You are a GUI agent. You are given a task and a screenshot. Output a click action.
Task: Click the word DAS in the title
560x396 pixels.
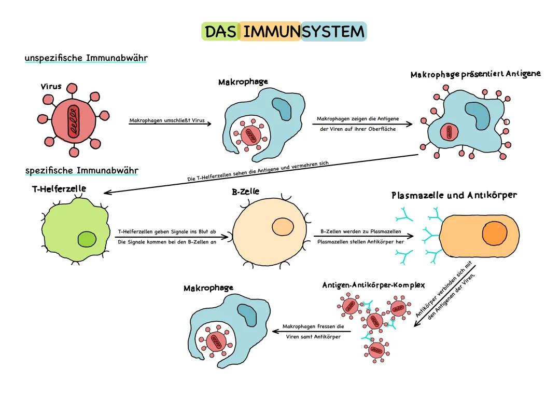click(220, 32)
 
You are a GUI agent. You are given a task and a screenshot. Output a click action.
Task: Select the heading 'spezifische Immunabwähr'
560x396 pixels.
click(82, 170)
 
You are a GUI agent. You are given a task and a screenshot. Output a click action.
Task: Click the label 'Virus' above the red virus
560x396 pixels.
click(51, 87)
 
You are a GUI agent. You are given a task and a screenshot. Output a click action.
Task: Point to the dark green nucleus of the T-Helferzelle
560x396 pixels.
click(87, 240)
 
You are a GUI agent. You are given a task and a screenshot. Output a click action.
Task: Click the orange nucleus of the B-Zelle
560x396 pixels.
click(283, 227)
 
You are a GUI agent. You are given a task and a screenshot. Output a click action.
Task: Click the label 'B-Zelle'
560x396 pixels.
click(245, 192)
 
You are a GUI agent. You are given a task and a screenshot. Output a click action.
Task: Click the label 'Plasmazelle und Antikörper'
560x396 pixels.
click(454, 196)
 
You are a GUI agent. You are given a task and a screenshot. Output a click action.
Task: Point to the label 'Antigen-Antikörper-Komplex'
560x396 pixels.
click(373, 285)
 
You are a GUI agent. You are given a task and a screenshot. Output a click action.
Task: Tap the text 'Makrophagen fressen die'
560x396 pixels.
click(313, 327)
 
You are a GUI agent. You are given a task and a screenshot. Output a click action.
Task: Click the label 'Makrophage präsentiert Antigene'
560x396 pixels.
click(475, 74)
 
